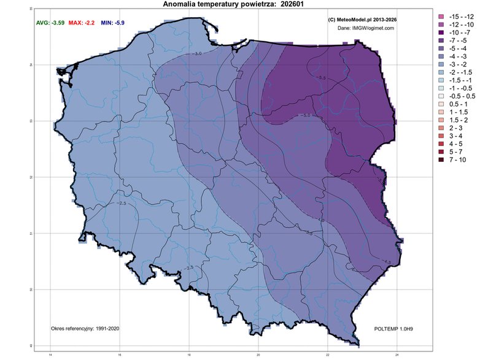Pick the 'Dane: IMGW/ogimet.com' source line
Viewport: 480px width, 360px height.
click(366, 28)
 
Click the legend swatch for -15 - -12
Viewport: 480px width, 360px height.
click(441, 15)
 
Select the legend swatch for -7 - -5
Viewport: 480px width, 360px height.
click(441, 40)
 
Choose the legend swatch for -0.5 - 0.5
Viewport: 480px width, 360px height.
click(441, 96)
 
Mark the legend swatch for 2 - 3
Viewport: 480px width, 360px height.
click(441, 128)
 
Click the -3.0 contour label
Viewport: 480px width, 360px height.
click(198, 54)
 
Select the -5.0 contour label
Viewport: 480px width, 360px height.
click(306, 115)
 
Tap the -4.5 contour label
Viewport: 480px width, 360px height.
click(387, 261)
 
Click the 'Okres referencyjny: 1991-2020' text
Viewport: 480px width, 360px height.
click(85, 329)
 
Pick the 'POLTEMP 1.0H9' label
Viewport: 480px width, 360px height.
click(393, 329)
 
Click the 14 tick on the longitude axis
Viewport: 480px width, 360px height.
click(50, 354)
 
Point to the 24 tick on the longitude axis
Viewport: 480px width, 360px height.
click(398, 354)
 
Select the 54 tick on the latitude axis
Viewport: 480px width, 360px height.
click(31, 65)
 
